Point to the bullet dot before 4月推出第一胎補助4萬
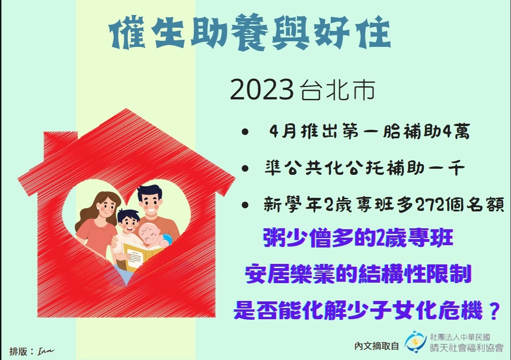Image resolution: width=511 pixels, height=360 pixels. pyautogui.click(x=245, y=132)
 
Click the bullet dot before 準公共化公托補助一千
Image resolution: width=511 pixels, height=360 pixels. pyautogui.click(x=245, y=168)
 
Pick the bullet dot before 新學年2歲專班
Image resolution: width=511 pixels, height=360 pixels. pyautogui.click(x=245, y=205)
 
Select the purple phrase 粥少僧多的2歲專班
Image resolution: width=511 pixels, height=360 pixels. pyautogui.click(x=358, y=238)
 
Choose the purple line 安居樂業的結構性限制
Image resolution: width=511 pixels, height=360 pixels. pyautogui.click(x=358, y=274)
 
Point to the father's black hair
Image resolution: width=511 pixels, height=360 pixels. pyautogui.click(x=149, y=192)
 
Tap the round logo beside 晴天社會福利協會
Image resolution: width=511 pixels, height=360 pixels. pyautogui.click(x=415, y=342)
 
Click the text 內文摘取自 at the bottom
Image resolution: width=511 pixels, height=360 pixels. pyautogui.click(x=376, y=345)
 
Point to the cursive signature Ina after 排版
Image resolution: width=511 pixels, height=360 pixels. pyautogui.click(x=45, y=351)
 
